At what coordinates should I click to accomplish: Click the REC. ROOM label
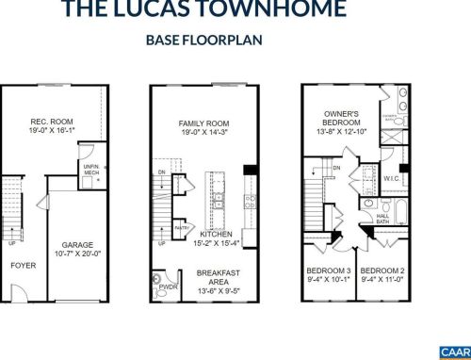coord(52,122)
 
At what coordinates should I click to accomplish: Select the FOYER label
coord(23,266)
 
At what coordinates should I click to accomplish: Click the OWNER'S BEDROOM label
coord(341,117)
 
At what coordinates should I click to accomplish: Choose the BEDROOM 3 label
coord(329,270)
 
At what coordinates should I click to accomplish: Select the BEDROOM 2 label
coord(382,270)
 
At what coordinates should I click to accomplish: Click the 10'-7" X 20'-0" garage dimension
coord(77,252)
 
